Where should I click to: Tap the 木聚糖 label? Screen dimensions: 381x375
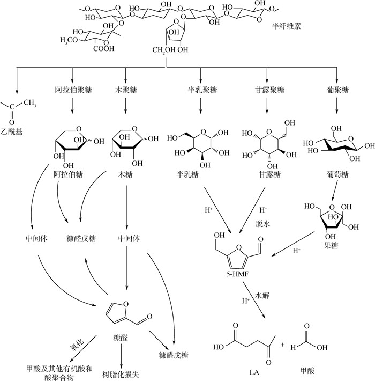[x=125, y=89]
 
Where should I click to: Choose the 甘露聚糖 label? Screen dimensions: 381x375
[x=267, y=89]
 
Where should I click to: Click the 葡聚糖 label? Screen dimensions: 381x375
[x=336, y=89]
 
